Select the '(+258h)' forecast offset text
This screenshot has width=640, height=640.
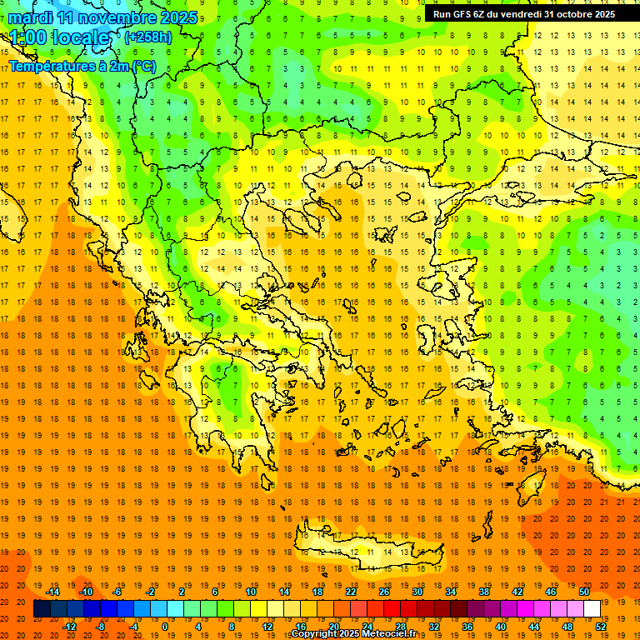coord(148,37)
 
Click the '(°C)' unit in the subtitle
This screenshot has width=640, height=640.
coord(143,66)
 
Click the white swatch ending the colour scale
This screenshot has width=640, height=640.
coord(592,609)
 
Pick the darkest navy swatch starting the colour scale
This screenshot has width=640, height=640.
coord(42,609)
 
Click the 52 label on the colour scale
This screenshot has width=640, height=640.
coord(601,627)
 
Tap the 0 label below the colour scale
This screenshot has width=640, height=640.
coord(165,627)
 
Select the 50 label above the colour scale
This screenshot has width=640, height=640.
coord(583,592)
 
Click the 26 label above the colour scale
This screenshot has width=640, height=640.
coord(384,592)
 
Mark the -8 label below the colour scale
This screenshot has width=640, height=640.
coord(101,627)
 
